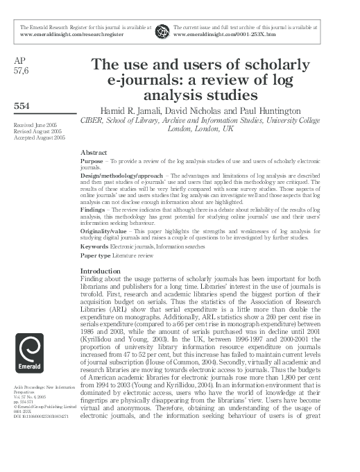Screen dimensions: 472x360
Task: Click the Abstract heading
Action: point(94,151)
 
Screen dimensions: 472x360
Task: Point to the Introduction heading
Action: point(101,271)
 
